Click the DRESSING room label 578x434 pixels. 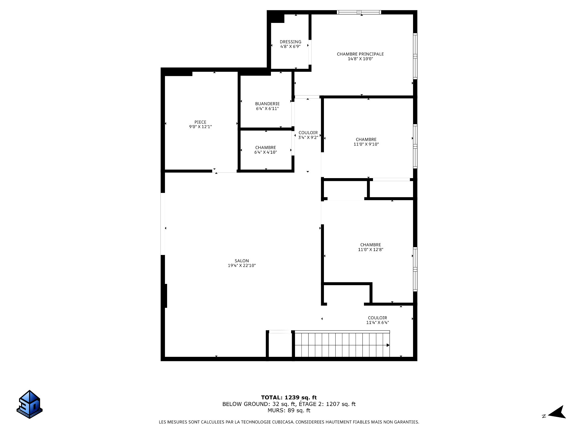pos(290,42)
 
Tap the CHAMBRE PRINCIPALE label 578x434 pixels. pos(360,54)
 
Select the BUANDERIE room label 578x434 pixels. pos(267,104)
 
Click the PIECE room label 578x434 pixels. pos(200,122)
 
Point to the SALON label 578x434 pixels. pos(242,261)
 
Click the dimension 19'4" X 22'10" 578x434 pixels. pos(242,266)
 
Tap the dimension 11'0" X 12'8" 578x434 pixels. pos(370,250)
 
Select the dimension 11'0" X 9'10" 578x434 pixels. pos(366,144)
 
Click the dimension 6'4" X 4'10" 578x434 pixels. pos(266,152)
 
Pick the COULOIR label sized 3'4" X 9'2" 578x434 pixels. pos(308,133)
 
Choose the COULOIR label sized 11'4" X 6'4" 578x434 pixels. pos(377,318)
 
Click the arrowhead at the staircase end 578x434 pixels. pos(388,345)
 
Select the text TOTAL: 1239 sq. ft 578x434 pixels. pos(289,398)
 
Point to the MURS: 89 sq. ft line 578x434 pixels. pos(289,410)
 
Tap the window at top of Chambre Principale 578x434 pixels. pos(359,12)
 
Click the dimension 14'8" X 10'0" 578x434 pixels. pos(360,59)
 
